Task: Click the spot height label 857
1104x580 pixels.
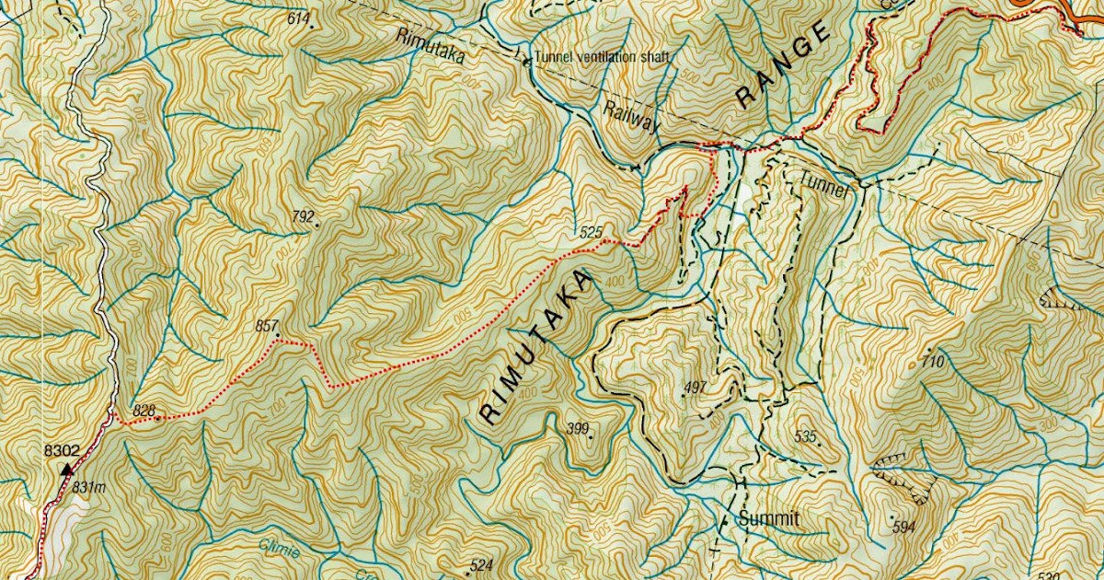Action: [x=266, y=326]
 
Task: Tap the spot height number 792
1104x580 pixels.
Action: [x=303, y=217]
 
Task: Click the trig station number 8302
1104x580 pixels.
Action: [x=62, y=451]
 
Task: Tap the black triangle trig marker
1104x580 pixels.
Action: [x=65, y=470]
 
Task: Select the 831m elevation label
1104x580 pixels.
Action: [x=89, y=486]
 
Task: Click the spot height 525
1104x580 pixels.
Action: [x=591, y=233]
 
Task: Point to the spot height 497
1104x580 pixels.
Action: [x=696, y=388]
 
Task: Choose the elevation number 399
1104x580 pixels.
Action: [x=578, y=428]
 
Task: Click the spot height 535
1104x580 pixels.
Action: [x=806, y=436]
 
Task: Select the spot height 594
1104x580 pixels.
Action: [x=904, y=527]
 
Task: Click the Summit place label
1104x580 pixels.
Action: [x=769, y=519]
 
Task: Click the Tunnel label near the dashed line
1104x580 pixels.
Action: [x=827, y=179]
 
